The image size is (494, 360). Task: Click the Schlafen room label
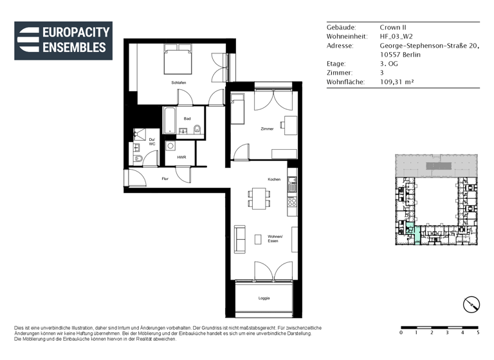[179, 83]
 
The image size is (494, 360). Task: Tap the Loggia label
[264, 298]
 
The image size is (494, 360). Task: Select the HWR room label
[181, 157]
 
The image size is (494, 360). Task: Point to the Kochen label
[274, 179]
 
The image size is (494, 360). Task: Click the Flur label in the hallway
[165, 178]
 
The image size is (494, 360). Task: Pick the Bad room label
[187, 119]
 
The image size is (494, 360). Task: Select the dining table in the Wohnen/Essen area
[260, 198]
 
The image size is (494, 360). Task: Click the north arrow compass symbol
[471, 304]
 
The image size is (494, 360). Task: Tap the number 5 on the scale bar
[478, 333]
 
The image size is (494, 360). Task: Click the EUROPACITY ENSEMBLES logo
[63, 40]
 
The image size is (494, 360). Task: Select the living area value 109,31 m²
[396, 82]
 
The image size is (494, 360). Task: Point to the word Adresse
[340, 46]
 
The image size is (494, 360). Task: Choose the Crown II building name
[393, 28]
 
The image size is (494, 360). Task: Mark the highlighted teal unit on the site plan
[416, 233]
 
